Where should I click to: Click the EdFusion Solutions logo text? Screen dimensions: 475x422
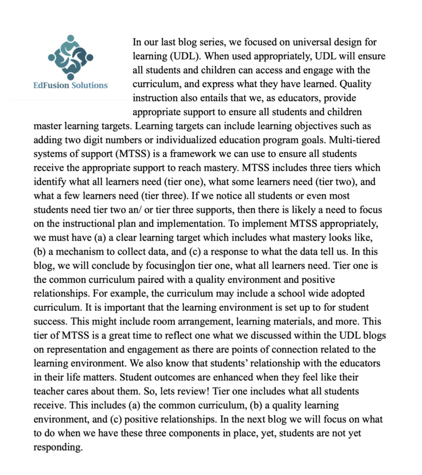pos(71,85)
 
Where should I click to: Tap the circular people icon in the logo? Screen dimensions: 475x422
pos(71,57)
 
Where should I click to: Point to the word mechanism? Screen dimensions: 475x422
pos(80,253)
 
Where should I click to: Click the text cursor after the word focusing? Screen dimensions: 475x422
pos(184,266)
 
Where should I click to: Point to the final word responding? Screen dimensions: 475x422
pos(58,448)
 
